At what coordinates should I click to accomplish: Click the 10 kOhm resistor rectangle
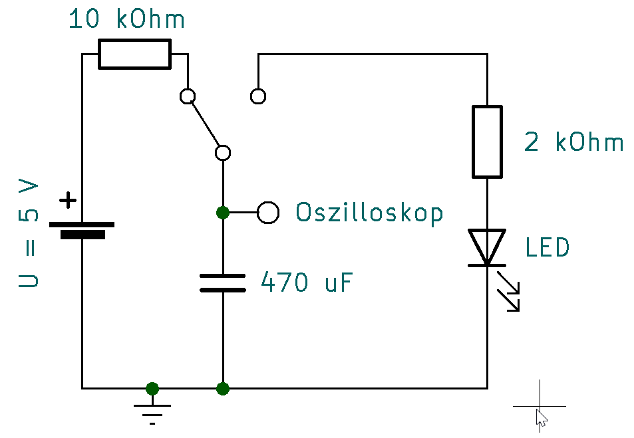click(134, 54)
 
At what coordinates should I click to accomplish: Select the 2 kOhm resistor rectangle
click(487, 142)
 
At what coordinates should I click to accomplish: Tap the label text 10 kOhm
click(126, 20)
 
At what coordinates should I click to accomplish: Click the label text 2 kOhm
click(573, 142)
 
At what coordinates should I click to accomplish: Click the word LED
click(547, 248)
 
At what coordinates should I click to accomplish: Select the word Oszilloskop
click(369, 213)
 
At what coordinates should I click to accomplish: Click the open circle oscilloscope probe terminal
click(268, 213)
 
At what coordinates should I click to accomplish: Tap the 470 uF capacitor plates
click(223, 282)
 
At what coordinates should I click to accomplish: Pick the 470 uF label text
click(306, 283)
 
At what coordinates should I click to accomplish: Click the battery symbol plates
click(82, 230)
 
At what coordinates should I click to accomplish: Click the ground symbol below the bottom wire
click(152, 408)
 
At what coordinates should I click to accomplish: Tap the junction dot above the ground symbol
click(152, 388)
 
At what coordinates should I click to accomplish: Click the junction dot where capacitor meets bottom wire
click(223, 388)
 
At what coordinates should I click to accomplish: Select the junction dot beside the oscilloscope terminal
click(223, 213)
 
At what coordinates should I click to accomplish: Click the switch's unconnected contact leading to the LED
click(258, 96)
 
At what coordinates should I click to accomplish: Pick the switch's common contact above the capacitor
click(224, 153)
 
